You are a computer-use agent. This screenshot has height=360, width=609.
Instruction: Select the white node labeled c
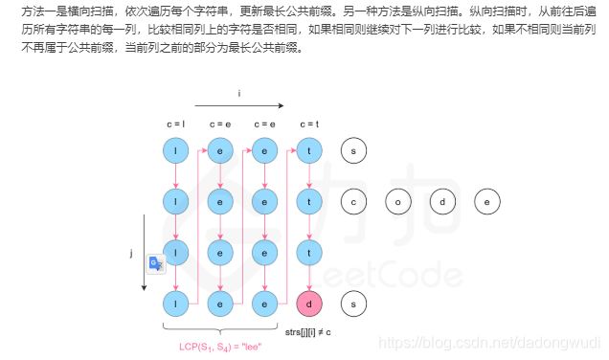pos(354,202)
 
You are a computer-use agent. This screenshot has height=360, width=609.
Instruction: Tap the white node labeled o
pos(398,202)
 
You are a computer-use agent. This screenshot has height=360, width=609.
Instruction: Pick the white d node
pos(443,202)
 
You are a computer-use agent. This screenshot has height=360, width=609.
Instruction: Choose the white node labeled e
pos(487,202)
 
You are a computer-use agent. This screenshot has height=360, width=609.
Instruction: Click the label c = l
pos(176,124)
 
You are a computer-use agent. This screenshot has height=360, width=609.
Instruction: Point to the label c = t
pos(307,124)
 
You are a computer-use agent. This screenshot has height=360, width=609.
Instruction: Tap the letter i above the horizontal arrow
pos(240,92)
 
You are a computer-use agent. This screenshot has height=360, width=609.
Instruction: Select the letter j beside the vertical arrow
pos(130,254)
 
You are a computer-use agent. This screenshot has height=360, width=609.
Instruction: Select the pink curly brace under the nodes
pos(221,329)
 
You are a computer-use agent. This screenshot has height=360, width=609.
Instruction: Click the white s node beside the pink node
pos(354,304)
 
